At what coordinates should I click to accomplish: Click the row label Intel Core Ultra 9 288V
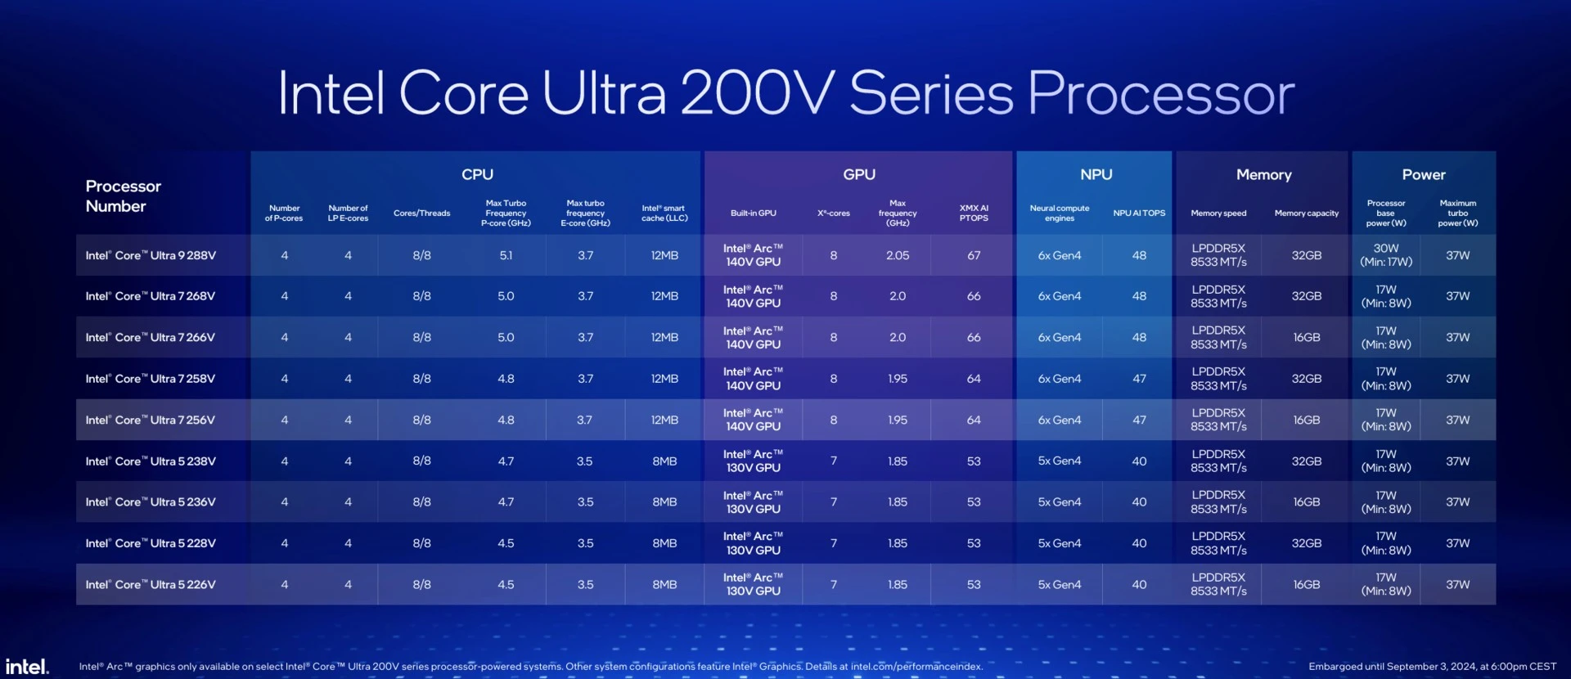tap(151, 255)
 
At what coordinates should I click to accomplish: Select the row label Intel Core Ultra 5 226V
tap(151, 584)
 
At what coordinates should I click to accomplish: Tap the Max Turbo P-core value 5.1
tap(506, 255)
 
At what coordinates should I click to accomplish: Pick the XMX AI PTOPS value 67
tap(973, 255)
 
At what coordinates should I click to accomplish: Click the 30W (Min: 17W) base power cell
tap(1385, 255)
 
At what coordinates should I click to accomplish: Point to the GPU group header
tap(858, 174)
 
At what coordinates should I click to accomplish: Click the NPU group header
tap(1096, 174)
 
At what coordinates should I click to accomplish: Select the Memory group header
tap(1263, 174)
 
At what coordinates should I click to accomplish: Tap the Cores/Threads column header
tap(421, 214)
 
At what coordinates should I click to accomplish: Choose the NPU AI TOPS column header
tap(1139, 214)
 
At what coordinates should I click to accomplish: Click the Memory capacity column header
tap(1306, 214)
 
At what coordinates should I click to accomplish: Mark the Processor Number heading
tap(123, 196)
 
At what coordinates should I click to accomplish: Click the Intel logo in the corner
tap(27, 666)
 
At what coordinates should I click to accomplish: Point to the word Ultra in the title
tap(604, 93)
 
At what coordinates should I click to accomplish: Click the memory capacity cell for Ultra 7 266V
tap(1306, 337)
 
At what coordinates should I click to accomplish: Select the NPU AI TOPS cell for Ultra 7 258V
tap(1139, 379)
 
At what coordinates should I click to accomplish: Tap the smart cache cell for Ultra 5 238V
tap(664, 461)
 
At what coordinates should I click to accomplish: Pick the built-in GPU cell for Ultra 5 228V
tap(753, 543)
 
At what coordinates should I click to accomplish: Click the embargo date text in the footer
tap(1432, 666)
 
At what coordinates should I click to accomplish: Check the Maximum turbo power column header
tap(1457, 213)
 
